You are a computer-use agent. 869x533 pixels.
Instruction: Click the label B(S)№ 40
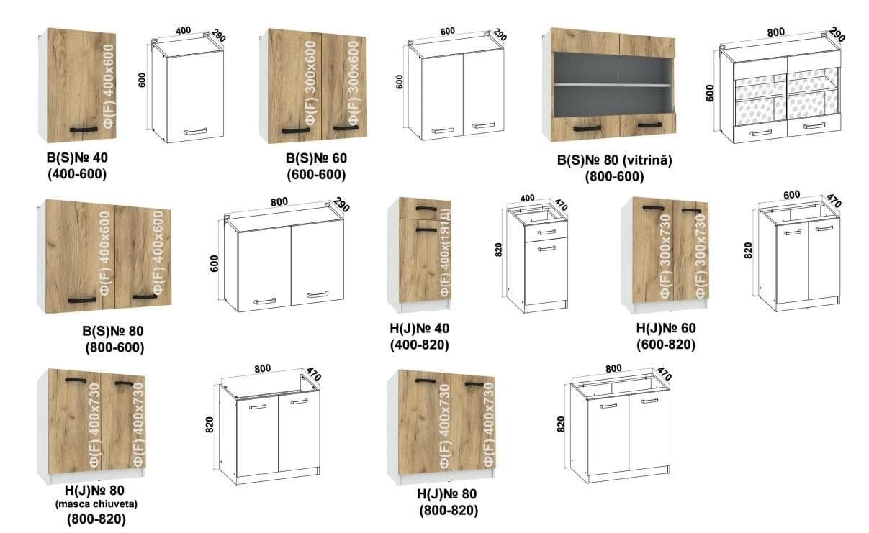[x=75, y=157]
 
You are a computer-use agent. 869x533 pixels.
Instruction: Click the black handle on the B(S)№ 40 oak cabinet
[x=83, y=129]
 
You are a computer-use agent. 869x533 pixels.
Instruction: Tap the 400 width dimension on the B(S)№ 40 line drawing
[x=183, y=32]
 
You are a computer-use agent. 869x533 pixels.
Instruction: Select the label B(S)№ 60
[x=315, y=157]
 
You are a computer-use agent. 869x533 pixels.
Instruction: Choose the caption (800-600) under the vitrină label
[x=614, y=176]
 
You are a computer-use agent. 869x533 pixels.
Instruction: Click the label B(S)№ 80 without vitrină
[x=113, y=332]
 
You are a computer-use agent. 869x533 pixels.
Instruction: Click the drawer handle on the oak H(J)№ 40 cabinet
[x=426, y=209]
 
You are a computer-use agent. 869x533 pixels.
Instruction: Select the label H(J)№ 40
[x=419, y=329]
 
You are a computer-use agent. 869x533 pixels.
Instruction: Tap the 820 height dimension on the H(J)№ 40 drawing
[x=498, y=250]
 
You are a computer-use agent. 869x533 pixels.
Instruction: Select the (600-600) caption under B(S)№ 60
[x=315, y=174]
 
